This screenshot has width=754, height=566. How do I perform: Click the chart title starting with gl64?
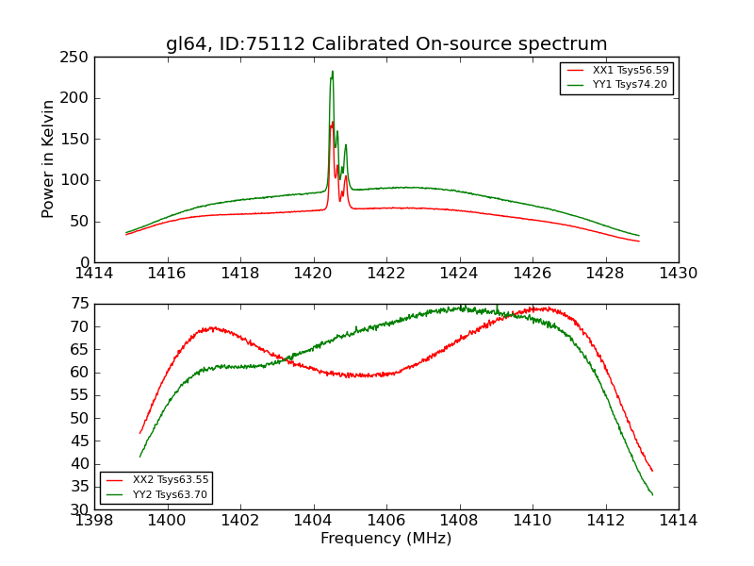386,44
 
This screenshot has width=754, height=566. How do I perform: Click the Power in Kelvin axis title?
48,158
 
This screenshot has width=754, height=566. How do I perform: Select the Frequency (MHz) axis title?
386,539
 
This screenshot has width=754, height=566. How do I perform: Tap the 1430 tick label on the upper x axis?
679,274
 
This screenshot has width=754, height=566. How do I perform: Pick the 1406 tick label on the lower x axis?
386,521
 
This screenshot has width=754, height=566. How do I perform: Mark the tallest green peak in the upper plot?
332,71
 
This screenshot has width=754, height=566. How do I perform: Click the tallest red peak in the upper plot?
332,122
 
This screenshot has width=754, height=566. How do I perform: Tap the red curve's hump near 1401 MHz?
211,328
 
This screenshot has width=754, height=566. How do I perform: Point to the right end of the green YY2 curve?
652,494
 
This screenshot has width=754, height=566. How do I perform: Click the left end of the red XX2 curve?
140,433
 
